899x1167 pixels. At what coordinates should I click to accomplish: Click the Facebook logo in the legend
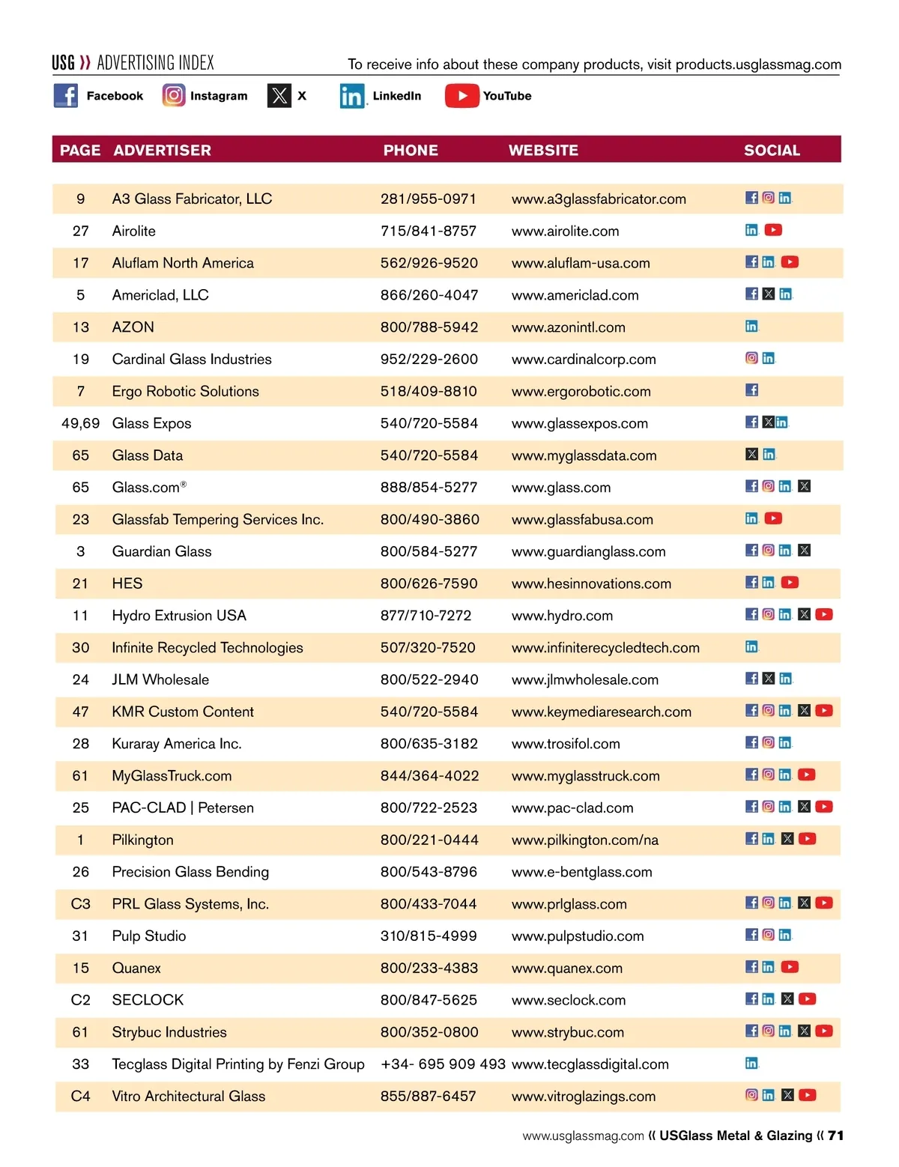66,96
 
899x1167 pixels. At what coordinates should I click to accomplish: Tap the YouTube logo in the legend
461,96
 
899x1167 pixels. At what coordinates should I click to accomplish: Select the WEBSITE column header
543,150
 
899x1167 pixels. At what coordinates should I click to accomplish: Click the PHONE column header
411,150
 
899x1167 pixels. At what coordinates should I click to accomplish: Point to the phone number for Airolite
429,231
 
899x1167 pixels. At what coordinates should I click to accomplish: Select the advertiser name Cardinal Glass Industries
192,359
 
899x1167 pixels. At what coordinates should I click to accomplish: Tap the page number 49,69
80,423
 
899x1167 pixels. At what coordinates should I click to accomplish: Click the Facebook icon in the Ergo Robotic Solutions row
751,390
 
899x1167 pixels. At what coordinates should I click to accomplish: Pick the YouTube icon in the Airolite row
773,230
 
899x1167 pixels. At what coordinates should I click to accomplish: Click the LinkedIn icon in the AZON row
751,326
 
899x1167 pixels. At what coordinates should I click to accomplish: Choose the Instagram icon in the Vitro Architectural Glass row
751,1095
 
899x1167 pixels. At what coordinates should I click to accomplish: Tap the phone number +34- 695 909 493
443,1064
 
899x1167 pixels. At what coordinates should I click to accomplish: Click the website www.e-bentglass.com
581,872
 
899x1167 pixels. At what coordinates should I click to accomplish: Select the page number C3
80,904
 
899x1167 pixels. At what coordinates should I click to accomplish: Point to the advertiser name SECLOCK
148,1000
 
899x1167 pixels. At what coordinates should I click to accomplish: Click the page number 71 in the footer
835,1136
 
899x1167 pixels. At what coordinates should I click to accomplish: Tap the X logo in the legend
279,96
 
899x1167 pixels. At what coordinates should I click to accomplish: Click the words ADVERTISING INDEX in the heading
155,63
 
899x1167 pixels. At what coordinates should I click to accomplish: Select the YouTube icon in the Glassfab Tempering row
773,518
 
